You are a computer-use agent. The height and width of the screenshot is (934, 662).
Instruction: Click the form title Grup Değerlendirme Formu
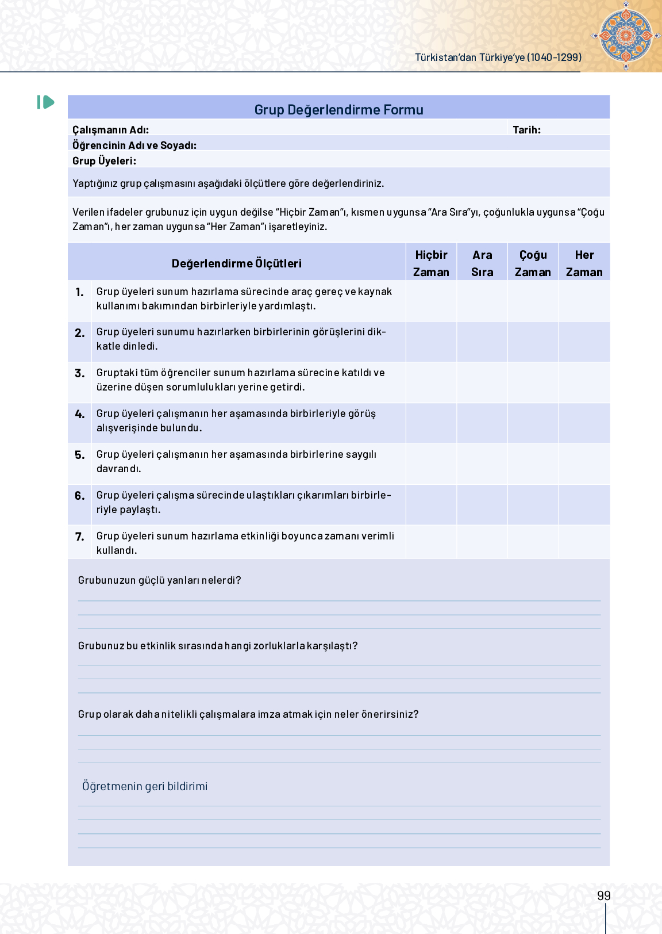[338, 110]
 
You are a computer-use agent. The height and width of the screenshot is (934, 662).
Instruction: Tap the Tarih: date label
[526, 130]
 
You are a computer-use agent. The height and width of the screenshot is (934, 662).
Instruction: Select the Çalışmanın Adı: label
[110, 130]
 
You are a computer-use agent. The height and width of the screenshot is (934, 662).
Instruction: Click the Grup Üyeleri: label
[104, 161]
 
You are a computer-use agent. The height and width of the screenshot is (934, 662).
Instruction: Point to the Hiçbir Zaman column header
[431, 263]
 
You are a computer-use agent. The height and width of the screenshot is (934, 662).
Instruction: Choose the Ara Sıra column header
[482, 263]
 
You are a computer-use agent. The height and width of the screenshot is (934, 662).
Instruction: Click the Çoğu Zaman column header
[533, 263]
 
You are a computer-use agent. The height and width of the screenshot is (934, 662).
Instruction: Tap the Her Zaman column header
[584, 263]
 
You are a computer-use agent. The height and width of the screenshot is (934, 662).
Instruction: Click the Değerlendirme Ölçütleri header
[236, 263]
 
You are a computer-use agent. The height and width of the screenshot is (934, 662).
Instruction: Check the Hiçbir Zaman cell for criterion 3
[431, 382]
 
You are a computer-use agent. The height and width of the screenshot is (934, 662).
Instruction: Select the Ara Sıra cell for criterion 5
[482, 464]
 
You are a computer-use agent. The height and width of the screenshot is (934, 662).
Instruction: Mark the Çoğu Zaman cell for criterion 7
[533, 542]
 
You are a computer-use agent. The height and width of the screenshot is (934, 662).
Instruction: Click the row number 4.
[80, 414]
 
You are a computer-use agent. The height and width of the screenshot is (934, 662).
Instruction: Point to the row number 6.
[80, 496]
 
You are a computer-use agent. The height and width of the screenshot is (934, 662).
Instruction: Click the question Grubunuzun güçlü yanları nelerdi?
[159, 580]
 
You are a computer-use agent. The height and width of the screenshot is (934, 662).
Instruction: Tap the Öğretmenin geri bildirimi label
[145, 786]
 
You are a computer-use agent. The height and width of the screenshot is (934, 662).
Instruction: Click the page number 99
[603, 895]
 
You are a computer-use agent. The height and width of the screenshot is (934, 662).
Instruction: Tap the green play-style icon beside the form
[46, 102]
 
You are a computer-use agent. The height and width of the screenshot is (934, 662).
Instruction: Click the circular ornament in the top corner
[626, 36]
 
